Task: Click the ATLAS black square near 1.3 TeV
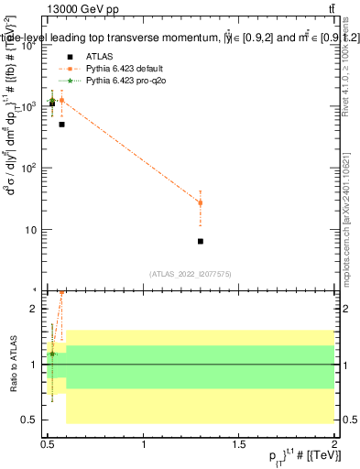click(x=201, y=241)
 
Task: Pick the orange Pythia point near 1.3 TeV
click(x=201, y=202)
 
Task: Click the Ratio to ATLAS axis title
click(x=16, y=365)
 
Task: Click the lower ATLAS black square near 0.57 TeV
click(x=61, y=124)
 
